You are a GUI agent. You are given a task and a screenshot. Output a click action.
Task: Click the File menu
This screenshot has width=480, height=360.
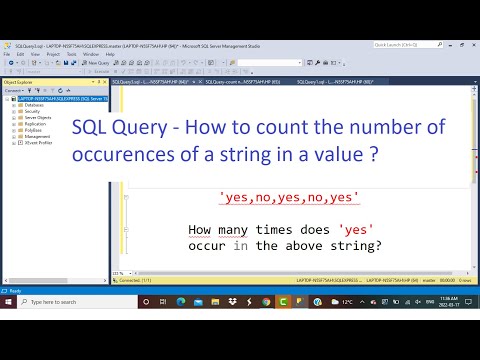tap(7, 53)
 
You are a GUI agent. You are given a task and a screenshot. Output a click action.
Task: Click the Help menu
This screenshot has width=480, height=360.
tap(110, 53)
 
